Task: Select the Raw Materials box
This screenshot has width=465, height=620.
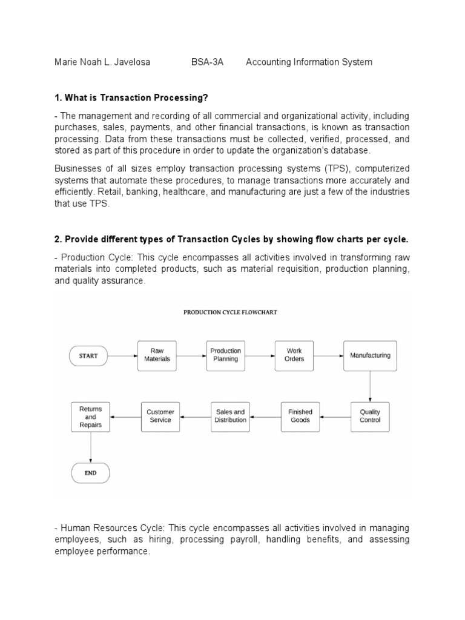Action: (157, 355)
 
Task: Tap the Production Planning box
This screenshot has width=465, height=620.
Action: (225, 355)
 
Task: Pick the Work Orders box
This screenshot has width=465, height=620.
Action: (294, 355)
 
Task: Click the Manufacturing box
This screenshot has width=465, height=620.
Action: (370, 355)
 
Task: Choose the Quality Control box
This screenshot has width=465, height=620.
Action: (370, 417)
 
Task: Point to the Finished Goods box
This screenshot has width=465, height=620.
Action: (300, 417)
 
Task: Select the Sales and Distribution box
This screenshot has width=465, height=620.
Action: (230, 417)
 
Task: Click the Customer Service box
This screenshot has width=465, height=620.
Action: (160, 417)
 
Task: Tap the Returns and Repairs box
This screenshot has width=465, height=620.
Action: (91, 417)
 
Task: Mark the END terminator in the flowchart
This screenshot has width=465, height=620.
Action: (91, 472)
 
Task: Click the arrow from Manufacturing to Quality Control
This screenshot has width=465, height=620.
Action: (370, 386)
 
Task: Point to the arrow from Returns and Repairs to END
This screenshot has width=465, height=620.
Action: (91, 447)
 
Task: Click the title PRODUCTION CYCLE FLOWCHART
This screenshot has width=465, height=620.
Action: (222, 313)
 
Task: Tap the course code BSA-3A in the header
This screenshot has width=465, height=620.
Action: (206, 62)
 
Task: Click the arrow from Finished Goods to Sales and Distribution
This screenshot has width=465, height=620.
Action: (265, 417)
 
